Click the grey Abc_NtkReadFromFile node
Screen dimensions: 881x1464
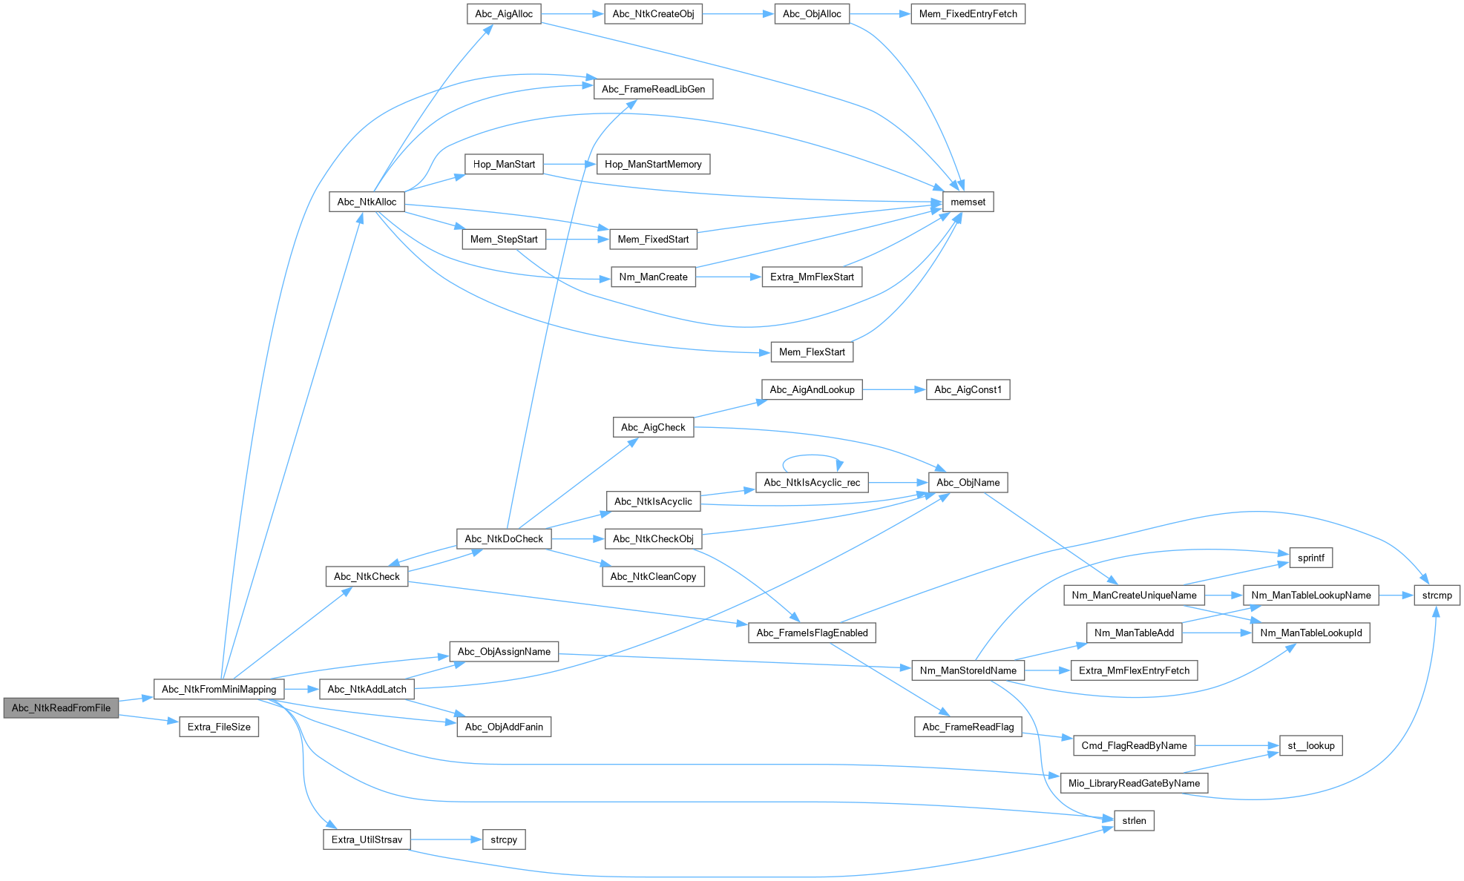point(61,708)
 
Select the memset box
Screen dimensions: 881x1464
point(968,202)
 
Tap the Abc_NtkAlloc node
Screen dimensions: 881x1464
point(367,202)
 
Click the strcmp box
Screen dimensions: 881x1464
point(1437,595)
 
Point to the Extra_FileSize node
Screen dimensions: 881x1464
point(219,727)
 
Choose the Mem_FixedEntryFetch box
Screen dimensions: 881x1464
point(968,14)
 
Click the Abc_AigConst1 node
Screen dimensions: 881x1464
point(968,390)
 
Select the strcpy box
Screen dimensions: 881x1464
point(504,839)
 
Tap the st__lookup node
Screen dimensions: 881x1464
point(1310,746)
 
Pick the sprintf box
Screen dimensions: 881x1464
point(1310,558)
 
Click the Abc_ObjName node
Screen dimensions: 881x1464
point(968,483)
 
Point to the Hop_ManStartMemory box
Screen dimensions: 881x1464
point(653,165)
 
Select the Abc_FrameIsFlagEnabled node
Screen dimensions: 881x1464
point(812,633)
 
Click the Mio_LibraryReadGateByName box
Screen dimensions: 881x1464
point(1134,783)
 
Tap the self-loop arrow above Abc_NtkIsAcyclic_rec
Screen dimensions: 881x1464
point(812,455)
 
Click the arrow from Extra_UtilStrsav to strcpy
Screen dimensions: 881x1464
point(445,839)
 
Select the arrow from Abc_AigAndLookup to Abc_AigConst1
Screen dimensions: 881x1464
point(893,390)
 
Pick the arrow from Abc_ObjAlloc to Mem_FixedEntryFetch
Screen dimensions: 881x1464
point(879,14)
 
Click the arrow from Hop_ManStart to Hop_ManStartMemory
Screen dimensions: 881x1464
point(569,165)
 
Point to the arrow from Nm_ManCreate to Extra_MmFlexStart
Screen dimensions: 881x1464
point(728,277)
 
